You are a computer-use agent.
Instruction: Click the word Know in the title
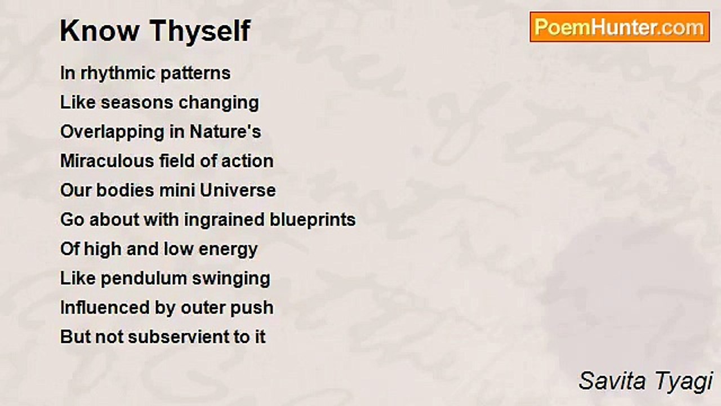[x=100, y=31]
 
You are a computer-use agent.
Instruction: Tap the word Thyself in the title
[x=200, y=32]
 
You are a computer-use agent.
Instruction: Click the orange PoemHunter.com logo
[x=620, y=27]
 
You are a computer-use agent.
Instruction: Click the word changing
[x=219, y=103]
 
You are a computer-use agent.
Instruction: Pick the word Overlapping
[x=112, y=133]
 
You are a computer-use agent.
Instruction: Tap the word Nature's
[x=225, y=132]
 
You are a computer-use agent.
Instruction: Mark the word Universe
[x=238, y=191]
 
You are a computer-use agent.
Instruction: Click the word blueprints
[x=313, y=220]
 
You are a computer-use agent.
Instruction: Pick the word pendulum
[x=144, y=278]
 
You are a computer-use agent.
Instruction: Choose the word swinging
[x=231, y=279]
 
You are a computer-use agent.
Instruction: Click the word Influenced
[x=105, y=307]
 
